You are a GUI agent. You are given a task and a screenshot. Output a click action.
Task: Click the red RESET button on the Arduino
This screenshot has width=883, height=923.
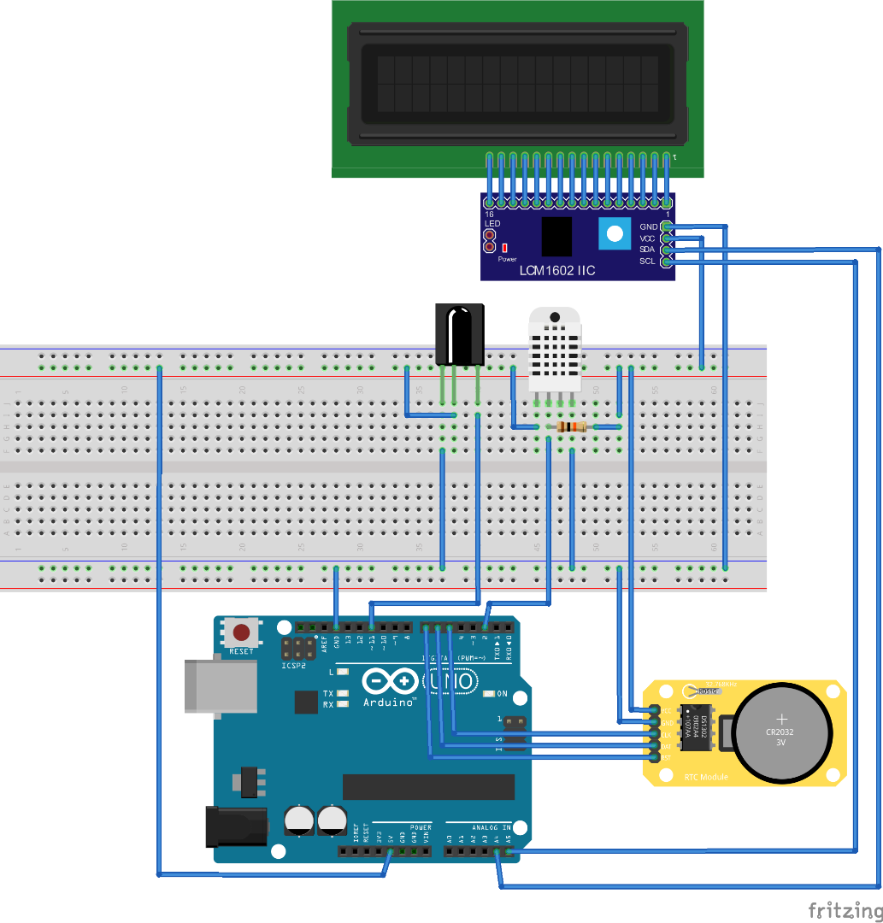(x=242, y=633)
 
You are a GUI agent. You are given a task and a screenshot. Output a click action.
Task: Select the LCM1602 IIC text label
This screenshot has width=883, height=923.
(x=557, y=271)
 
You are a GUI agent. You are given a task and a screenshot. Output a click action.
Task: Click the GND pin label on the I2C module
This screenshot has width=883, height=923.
(x=648, y=226)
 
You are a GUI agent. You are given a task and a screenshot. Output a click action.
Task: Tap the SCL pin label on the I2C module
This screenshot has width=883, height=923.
(x=648, y=261)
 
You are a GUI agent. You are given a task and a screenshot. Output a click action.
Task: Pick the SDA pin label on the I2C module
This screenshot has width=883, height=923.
(x=648, y=250)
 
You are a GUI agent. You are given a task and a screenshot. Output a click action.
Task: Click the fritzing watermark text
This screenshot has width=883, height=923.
(x=845, y=909)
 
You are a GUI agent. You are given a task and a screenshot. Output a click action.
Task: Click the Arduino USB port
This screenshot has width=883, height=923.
(x=221, y=685)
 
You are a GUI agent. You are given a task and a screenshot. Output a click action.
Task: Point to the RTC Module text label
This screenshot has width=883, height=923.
(x=706, y=778)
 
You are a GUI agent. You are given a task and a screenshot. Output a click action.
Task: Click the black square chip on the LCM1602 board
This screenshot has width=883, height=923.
(x=557, y=236)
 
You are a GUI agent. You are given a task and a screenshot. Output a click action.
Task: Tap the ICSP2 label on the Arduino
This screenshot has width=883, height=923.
(x=293, y=665)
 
